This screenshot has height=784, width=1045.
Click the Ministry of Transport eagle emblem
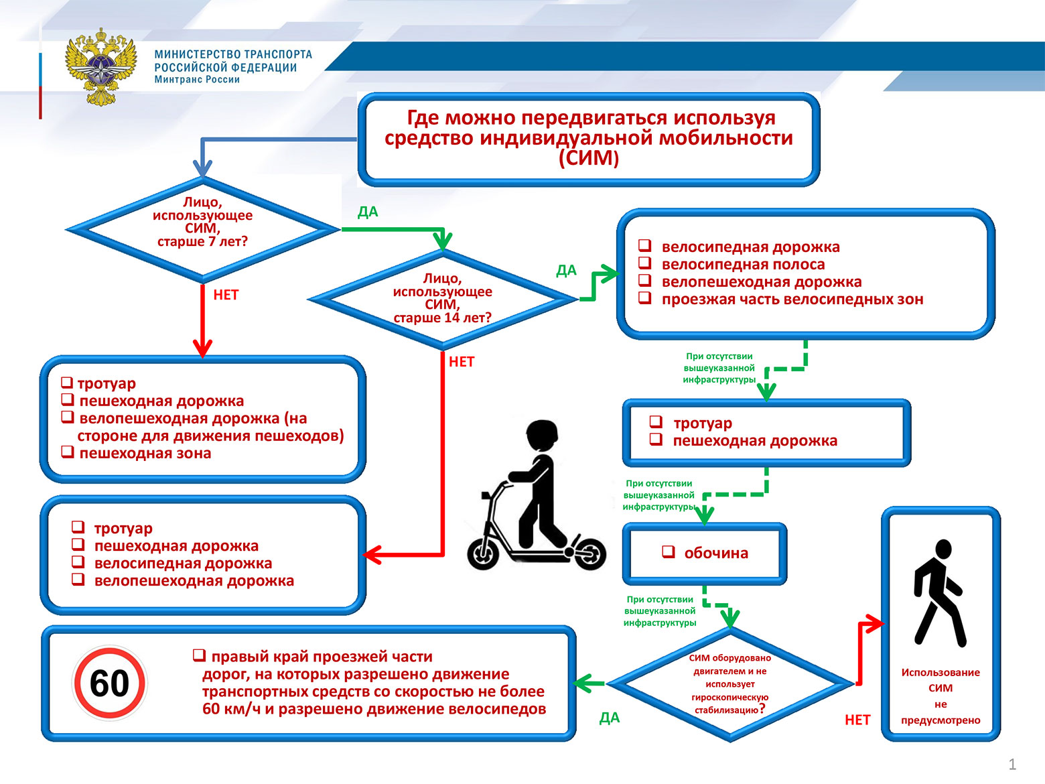[101, 66]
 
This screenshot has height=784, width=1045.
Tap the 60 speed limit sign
[109, 683]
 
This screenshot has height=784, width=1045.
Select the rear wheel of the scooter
[588, 553]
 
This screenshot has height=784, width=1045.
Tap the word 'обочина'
[716, 553]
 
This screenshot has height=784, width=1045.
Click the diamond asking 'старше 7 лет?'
[202, 228]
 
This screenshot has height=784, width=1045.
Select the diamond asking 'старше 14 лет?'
[442, 299]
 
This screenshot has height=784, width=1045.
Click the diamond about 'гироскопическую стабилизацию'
[731, 684]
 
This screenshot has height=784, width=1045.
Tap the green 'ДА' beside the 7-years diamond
[368, 212]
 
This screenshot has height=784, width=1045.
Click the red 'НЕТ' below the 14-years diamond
[462, 362]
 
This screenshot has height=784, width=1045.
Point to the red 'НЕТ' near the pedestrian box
[857, 720]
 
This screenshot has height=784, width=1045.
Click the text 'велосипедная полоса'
[743, 265]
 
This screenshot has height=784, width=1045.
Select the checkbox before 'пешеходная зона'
[67, 452]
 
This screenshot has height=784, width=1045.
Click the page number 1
[1012, 764]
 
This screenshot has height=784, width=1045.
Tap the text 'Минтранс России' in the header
[197, 80]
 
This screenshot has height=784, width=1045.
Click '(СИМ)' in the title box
[588, 159]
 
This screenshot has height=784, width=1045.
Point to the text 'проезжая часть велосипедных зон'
[792, 300]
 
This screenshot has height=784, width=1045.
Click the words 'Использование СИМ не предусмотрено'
[940, 696]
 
